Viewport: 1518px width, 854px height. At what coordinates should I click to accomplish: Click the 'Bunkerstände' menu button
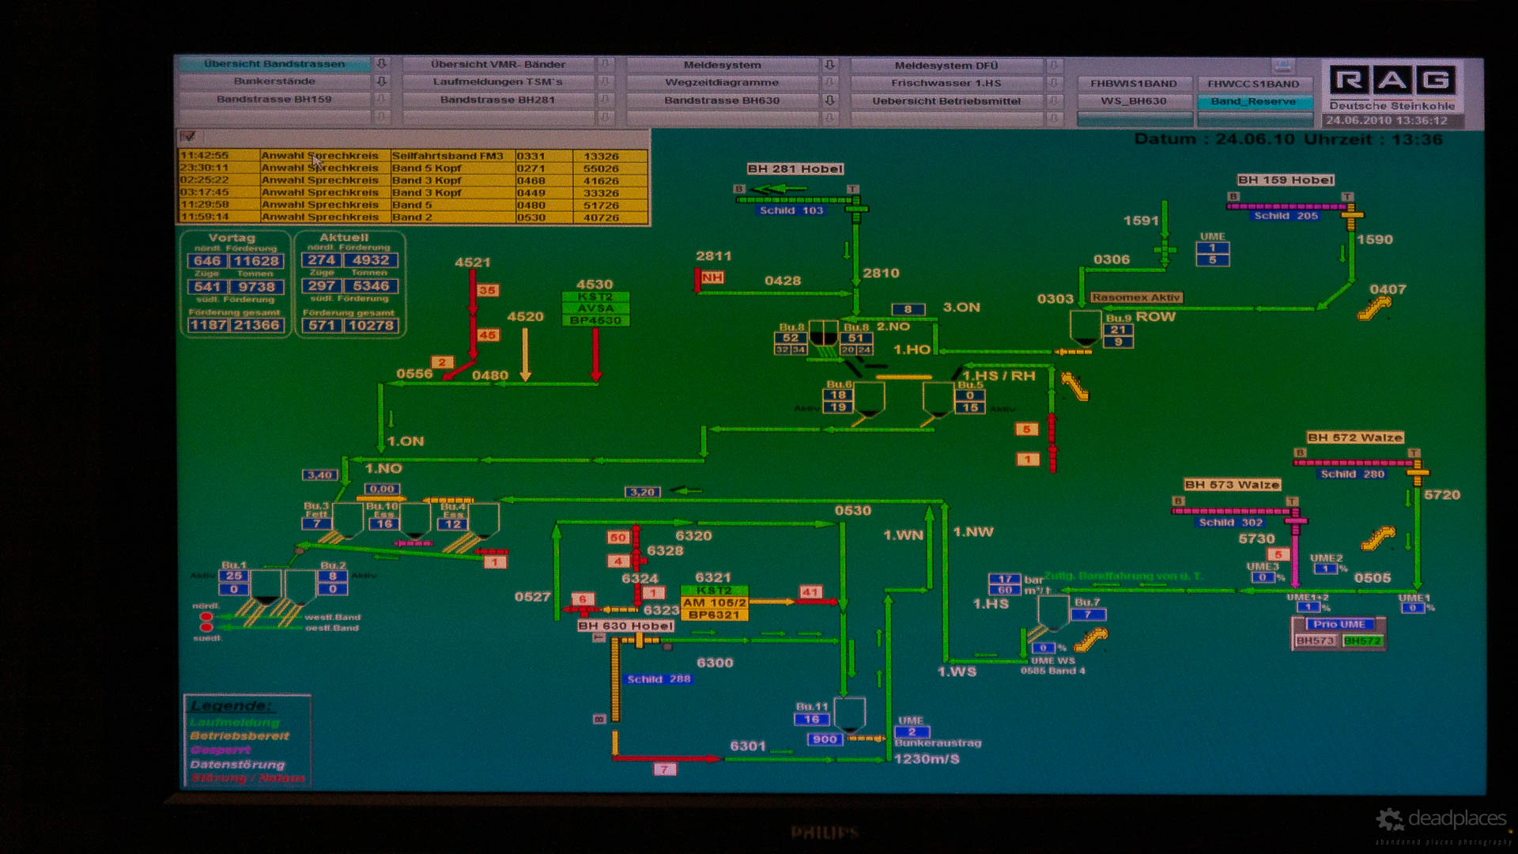[x=274, y=81]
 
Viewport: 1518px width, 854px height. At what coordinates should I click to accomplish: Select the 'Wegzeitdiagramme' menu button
[x=722, y=82]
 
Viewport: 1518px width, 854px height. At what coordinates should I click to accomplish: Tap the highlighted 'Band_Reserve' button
[x=1253, y=101]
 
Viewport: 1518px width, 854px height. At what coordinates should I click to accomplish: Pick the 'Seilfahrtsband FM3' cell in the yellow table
[x=447, y=156]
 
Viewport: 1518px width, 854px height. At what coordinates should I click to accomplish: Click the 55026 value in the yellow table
[x=601, y=168]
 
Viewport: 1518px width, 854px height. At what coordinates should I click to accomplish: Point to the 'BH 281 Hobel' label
[x=795, y=168]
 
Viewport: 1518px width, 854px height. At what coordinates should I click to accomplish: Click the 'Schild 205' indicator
[x=1286, y=215]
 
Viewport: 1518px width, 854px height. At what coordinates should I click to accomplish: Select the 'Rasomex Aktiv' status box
[x=1136, y=297]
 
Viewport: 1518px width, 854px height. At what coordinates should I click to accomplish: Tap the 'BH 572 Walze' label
[x=1354, y=437]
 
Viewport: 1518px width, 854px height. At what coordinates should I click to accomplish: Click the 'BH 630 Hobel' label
[x=625, y=625]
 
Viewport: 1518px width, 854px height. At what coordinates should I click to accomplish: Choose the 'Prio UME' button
[x=1339, y=624]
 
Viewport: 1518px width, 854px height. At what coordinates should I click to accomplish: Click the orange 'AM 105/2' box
[x=714, y=603]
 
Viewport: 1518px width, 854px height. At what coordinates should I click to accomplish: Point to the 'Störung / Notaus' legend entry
[x=247, y=778]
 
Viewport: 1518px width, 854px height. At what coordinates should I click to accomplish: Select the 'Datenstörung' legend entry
[x=237, y=765]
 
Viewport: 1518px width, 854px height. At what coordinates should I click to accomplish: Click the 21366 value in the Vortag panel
[x=256, y=325]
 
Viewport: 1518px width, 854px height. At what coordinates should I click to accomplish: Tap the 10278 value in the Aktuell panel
[x=371, y=325]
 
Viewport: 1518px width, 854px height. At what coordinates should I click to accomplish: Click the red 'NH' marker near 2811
[x=712, y=278]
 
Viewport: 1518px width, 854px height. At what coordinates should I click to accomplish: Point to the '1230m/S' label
[x=927, y=759]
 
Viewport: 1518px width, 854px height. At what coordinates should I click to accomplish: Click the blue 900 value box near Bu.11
[x=825, y=739]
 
